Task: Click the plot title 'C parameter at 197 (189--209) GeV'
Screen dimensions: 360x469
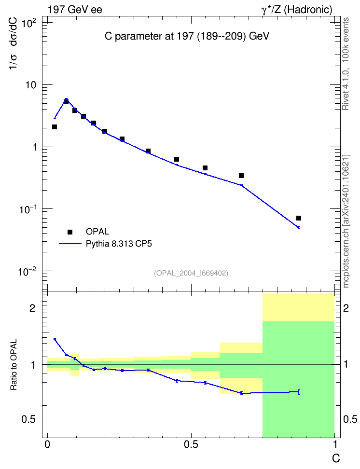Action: (187, 37)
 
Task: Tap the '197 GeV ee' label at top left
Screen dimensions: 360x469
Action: (75, 10)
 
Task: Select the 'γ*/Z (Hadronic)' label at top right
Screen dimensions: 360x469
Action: (297, 10)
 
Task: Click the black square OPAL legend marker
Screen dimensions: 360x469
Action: (70, 232)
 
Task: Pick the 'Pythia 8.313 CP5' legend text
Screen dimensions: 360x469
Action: (119, 244)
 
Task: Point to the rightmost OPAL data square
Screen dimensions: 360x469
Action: (299, 218)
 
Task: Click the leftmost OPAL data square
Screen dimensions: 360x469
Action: (55, 127)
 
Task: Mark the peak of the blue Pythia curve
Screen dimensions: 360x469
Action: (67, 99)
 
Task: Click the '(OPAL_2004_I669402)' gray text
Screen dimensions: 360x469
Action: (191, 273)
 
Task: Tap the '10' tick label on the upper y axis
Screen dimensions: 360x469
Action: (30, 85)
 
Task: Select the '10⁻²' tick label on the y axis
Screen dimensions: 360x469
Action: (27, 272)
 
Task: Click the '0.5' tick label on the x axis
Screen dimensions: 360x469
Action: (191, 444)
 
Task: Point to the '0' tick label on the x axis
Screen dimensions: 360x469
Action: (47, 444)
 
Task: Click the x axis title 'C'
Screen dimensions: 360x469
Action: (336, 458)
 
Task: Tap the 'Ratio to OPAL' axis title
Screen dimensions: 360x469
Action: (14, 365)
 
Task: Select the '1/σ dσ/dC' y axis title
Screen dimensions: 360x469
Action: (14, 44)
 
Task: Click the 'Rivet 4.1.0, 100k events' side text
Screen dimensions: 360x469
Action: (346, 64)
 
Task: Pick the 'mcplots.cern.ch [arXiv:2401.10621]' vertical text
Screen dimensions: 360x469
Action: (346, 221)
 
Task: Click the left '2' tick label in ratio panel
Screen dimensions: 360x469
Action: (32, 308)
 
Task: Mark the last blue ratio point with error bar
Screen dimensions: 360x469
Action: (299, 392)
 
